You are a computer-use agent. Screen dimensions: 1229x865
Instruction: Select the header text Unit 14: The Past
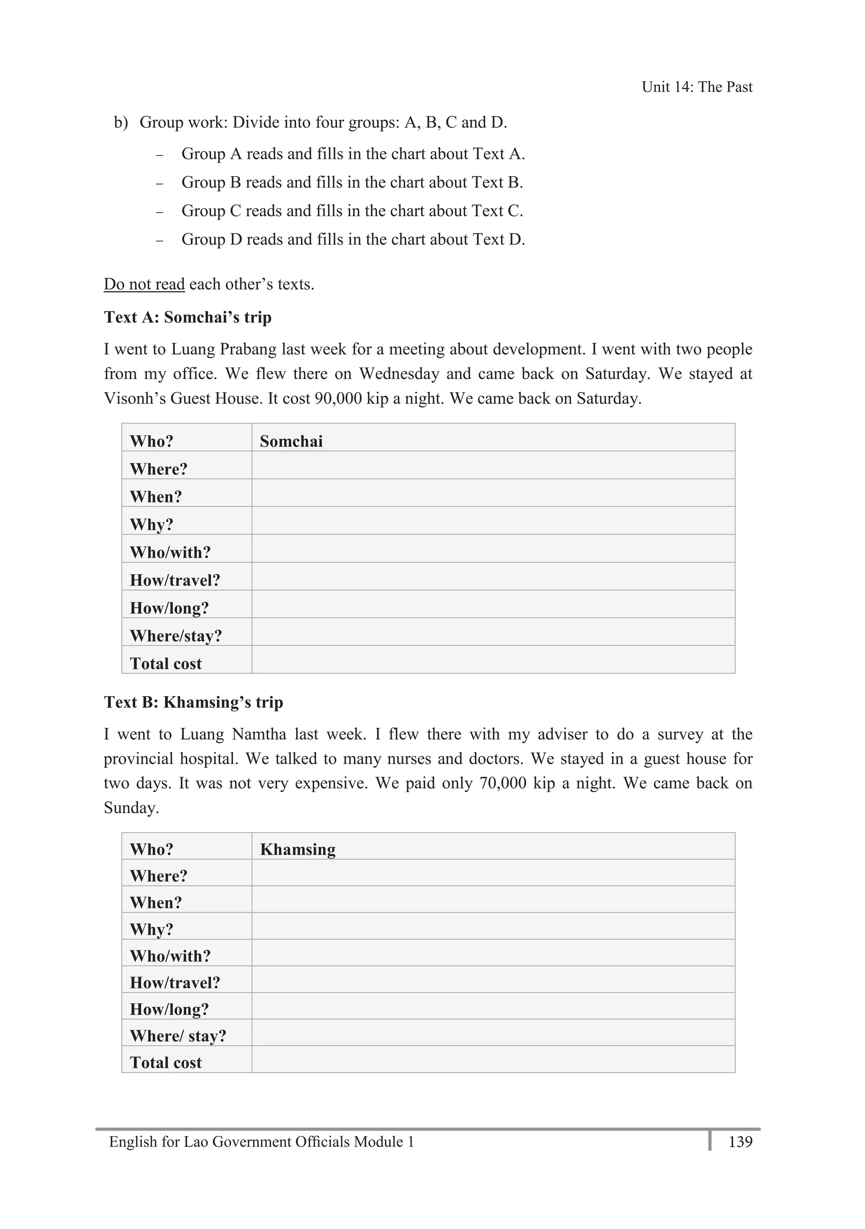(696, 87)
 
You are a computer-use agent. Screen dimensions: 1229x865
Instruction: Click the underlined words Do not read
(144, 284)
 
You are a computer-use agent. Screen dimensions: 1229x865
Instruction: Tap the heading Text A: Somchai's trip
(188, 317)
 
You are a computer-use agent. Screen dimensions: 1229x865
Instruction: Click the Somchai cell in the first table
(291, 441)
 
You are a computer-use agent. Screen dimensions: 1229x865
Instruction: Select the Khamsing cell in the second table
(297, 849)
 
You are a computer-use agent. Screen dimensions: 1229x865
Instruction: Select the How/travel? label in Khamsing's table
(175, 982)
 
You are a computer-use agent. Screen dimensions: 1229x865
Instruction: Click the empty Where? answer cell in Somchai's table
(492, 465)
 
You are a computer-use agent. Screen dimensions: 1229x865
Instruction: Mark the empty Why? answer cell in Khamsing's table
(492, 926)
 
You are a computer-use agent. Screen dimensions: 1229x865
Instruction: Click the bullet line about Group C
(352, 211)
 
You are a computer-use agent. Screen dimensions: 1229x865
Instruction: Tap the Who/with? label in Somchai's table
(170, 552)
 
